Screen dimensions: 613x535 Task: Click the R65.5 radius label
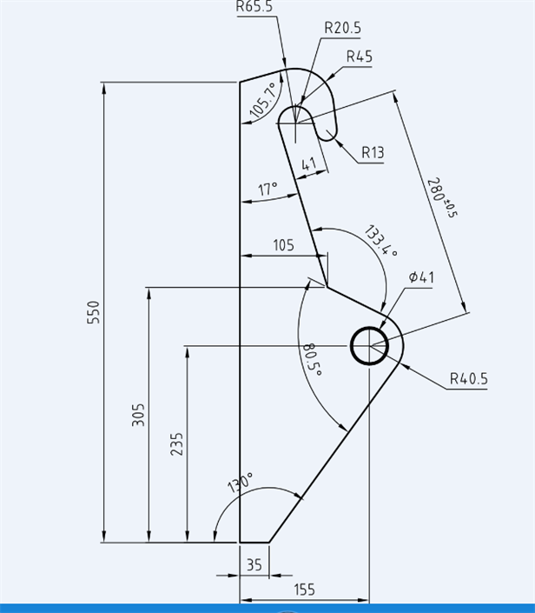254,6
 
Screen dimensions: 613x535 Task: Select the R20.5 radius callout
342,28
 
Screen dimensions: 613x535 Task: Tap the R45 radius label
359,57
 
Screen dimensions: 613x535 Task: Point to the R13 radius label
373,152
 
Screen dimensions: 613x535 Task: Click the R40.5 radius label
469,379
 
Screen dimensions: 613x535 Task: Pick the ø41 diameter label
421,277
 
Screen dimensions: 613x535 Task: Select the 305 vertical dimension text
138,415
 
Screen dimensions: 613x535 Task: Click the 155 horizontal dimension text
304,590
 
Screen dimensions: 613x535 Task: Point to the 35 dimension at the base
254,564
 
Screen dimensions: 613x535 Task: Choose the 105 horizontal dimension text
283,245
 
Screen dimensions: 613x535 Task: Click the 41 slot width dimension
308,164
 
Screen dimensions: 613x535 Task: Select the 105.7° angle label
262,100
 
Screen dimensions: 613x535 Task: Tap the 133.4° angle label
380,241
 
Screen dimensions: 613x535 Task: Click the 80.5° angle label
312,359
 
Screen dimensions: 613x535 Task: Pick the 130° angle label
241,484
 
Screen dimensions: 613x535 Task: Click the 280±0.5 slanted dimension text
440,197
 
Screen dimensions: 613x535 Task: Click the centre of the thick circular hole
371,346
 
